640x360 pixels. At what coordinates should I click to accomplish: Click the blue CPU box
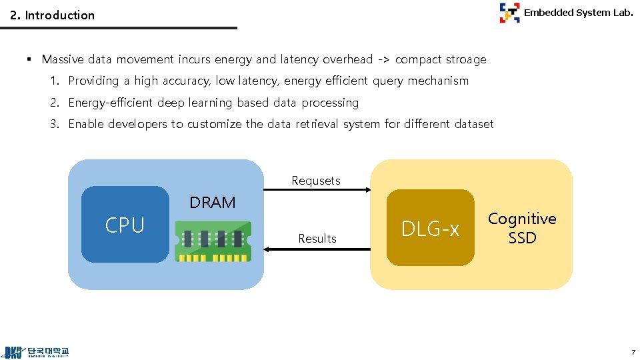(125, 225)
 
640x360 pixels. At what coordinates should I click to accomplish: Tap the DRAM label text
(213, 203)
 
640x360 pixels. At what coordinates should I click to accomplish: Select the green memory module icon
(212, 241)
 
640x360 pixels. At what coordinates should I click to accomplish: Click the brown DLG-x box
(430, 228)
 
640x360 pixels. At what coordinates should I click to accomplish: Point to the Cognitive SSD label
(522, 228)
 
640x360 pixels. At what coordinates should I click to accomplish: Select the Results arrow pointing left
(317, 249)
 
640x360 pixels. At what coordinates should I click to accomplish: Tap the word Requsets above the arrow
(316, 181)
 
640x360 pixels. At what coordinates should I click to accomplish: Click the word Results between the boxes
(317, 239)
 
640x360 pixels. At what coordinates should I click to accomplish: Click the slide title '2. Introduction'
(53, 15)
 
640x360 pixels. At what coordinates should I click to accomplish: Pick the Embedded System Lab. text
(578, 12)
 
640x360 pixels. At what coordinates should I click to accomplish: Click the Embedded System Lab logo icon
(509, 13)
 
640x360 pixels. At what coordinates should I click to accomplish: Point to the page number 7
(633, 351)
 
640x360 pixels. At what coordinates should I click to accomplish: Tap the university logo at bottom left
(37, 352)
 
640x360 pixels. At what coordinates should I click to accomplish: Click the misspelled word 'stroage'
(461, 59)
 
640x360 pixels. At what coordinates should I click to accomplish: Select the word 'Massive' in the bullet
(63, 59)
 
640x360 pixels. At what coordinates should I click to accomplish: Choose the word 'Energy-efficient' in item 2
(111, 103)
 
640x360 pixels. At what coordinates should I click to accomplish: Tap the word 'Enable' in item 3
(86, 124)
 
